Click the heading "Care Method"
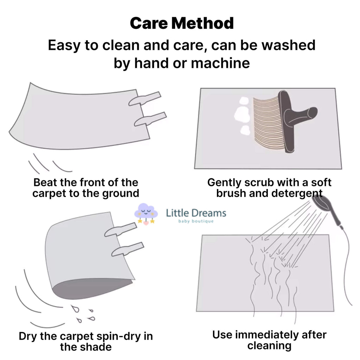[182, 23]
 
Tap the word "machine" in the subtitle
[220, 63]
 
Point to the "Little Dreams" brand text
[196, 213]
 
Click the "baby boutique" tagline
[196, 221]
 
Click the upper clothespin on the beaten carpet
[144, 98]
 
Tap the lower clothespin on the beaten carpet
[150, 119]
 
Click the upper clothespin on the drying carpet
[121, 230]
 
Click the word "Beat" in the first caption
[45, 182]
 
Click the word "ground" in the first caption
[121, 194]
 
